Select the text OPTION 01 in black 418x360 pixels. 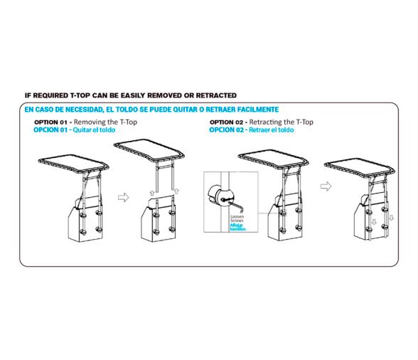(50, 122)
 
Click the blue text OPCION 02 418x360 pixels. (226, 130)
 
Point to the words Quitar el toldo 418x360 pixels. (94, 130)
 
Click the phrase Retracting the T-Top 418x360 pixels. (282, 122)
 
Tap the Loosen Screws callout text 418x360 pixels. (237, 218)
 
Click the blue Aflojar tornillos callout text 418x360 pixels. (237, 227)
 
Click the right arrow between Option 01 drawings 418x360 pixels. (124, 198)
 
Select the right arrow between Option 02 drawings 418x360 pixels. (326, 186)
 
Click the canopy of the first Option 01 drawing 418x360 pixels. (74, 164)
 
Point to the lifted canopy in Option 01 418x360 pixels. (149, 151)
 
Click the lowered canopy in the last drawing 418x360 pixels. (360, 167)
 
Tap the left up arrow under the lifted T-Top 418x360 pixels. (152, 193)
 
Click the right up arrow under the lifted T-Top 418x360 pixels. (176, 191)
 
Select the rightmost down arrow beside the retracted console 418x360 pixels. (391, 218)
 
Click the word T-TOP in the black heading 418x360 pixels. (80, 95)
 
